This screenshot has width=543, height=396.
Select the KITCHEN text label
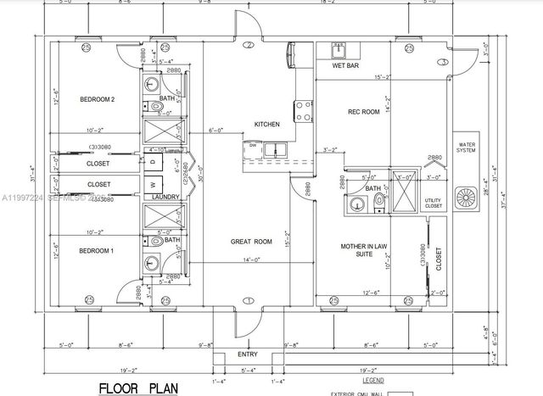tap(267, 125)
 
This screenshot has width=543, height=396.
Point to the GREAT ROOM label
tap(249, 242)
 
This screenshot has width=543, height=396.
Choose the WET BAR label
tap(344, 65)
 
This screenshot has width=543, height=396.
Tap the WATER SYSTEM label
tap(466, 148)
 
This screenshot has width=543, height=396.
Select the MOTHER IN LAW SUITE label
tap(364, 249)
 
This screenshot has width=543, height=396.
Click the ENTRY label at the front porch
tap(248, 354)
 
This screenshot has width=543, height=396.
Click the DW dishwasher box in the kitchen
tap(254, 146)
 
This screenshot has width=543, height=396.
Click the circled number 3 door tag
tap(442, 62)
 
